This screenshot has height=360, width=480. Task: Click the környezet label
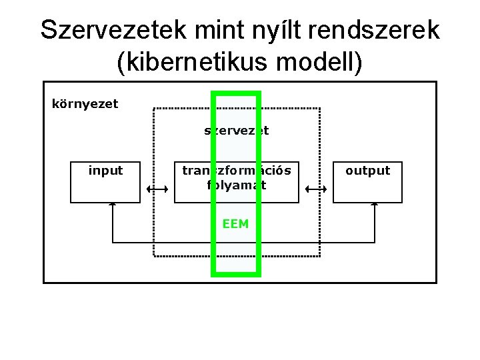85,103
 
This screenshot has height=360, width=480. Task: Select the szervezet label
236,131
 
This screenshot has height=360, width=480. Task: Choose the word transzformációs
237,171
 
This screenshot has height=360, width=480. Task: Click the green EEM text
236,224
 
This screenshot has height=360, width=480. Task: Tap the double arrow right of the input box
155,190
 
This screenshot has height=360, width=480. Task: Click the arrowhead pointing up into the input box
113,205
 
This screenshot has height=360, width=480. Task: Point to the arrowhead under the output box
374,205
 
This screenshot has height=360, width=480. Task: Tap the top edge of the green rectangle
235,92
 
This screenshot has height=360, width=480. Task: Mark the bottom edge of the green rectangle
235,273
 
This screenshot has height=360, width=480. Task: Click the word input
105,171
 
